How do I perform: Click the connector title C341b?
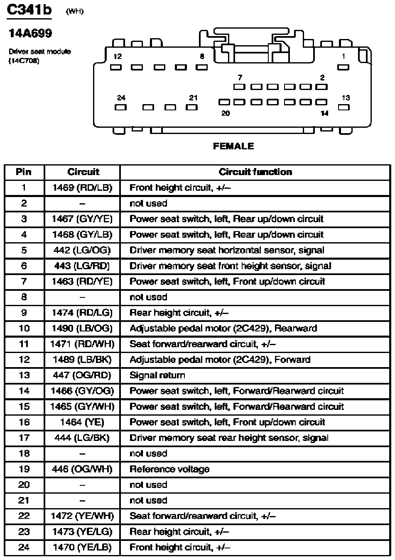29,10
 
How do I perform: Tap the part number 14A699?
31,34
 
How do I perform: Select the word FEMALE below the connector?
233,146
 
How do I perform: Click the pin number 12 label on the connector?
118,56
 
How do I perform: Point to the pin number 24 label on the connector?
121,98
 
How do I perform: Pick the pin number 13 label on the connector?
346,98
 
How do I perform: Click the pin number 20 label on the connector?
225,113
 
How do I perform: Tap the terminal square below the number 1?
343,67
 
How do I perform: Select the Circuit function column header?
255,172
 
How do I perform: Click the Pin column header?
24,172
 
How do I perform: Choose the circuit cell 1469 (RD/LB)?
82,188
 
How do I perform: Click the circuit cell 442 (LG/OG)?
82,251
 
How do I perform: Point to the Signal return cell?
157,375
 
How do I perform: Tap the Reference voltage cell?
169,469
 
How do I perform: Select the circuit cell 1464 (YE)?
82,422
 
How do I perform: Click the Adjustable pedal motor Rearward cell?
223,329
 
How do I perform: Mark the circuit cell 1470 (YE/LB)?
82,548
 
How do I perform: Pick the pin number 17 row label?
24,438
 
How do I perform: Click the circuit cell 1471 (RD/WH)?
82,344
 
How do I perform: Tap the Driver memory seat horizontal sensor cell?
227,251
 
